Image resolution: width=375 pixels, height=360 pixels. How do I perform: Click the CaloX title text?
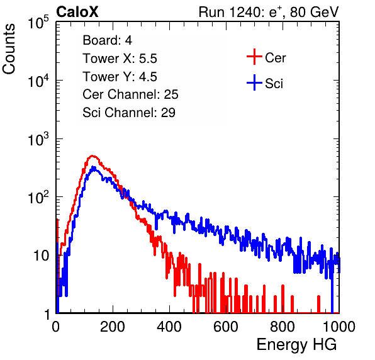pos(77,12)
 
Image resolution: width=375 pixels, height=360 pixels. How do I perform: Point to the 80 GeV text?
pos(314,12)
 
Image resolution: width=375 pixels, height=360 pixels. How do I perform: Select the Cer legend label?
pos(275,58)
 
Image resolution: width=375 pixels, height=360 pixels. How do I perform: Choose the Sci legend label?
pos(274,84)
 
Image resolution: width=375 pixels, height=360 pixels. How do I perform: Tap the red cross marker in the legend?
pos(254,57)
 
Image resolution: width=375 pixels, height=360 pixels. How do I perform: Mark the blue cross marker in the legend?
pos(254,82)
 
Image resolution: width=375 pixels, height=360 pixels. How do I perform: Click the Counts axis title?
pos(9,48)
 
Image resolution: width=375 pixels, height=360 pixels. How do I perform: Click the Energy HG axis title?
pos(296,345)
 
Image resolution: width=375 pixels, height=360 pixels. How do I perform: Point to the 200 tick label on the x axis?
pos(113,327)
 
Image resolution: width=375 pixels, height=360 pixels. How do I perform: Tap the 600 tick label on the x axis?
pos(226,327)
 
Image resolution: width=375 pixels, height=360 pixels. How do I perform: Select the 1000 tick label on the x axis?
pos(339,327)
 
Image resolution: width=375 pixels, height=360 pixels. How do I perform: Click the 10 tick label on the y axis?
pos(42,256)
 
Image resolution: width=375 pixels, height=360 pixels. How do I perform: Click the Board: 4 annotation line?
pos(107,40)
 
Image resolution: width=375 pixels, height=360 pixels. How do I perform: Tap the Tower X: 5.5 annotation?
pos(120,59)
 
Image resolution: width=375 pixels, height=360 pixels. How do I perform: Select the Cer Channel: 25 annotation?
pos(130,94)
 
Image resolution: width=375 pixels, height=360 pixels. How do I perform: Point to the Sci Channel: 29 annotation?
pos(129,113)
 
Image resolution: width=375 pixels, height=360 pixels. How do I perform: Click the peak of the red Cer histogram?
pos(92,156)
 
